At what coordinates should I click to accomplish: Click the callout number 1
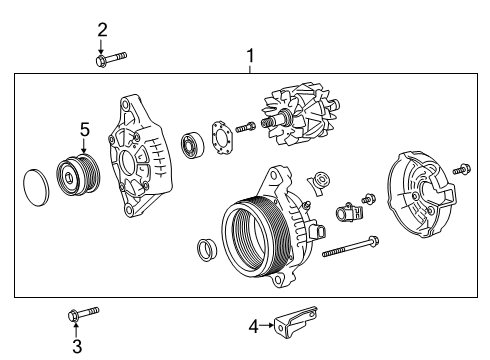[250, 56]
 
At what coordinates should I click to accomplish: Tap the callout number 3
[76, 347]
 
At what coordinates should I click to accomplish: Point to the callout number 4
[253, 323]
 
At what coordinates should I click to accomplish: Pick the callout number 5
[85, 129]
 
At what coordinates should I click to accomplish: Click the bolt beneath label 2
[110, 60]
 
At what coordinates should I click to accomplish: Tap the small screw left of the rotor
[246, 127]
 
